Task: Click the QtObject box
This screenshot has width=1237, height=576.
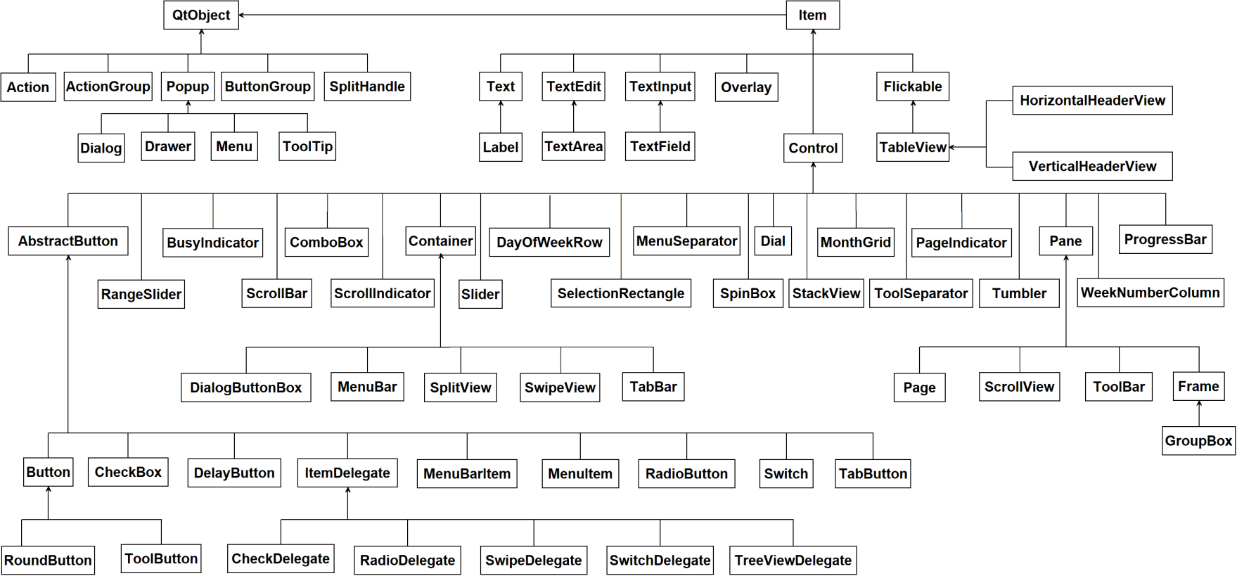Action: tap(201, 15)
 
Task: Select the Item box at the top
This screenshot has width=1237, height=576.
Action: tap(812, 15)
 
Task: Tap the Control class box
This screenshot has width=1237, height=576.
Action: tap(813, 148)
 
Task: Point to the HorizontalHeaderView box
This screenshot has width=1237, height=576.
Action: tap(1092, 100)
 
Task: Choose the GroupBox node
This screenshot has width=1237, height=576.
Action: tap(1198, 440)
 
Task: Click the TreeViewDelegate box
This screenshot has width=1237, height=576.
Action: tap(793, 560)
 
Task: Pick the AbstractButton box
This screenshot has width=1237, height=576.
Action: tap(68, 241)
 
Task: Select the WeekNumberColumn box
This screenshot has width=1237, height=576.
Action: tap(1150, 292)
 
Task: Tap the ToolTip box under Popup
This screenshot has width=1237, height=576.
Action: tap(307, 146)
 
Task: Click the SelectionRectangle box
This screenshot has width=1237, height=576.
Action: tap(621, 293)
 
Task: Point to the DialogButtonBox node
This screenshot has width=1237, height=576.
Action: tap(246, 388)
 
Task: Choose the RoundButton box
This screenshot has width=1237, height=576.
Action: tap(48, 560)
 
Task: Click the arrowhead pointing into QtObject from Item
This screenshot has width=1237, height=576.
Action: tap(241, 15)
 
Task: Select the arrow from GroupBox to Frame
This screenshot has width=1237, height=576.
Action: tap(1199, 414)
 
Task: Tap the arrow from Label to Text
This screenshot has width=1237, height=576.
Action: tap(501, 117)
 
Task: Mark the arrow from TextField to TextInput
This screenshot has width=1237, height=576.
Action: tap(660, 116)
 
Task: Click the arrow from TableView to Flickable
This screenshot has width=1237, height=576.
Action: tap(913, 116)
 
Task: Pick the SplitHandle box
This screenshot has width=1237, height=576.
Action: tap(367, 86)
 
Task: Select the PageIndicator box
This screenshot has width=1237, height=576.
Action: tap(961, 242)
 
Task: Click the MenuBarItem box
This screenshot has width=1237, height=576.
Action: tap(467, 473)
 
